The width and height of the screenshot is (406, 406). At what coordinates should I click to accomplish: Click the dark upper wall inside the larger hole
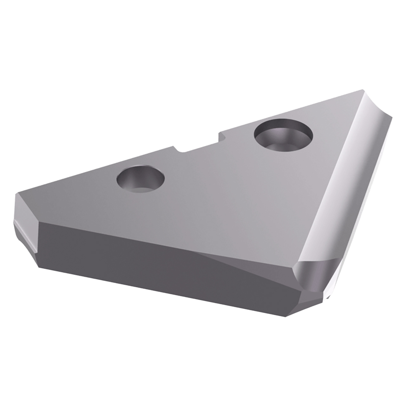[x=279, y=127]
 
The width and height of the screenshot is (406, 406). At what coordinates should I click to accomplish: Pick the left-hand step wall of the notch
[x=174, y=148]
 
